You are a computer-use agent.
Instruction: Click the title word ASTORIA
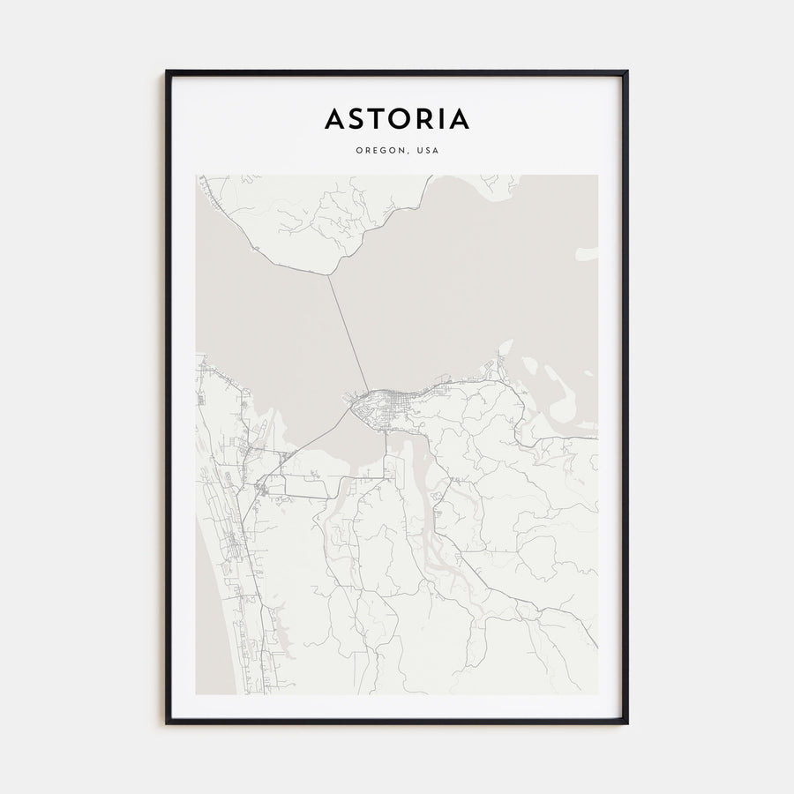[397, 119]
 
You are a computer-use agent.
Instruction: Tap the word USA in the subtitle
[428, 150]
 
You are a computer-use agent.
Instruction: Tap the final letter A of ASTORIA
[460, 119]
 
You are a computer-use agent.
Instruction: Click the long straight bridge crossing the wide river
[348, 335]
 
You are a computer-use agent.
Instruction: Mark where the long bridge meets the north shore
[329, 276]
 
